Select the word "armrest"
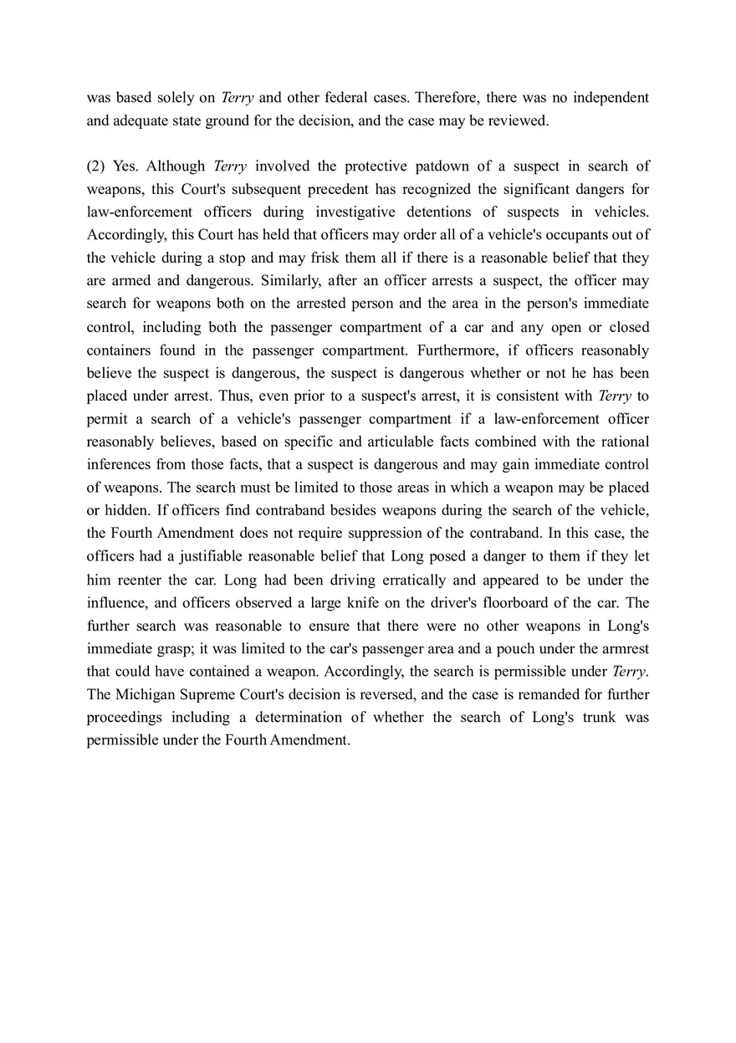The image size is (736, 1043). (x=623, y=648)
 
